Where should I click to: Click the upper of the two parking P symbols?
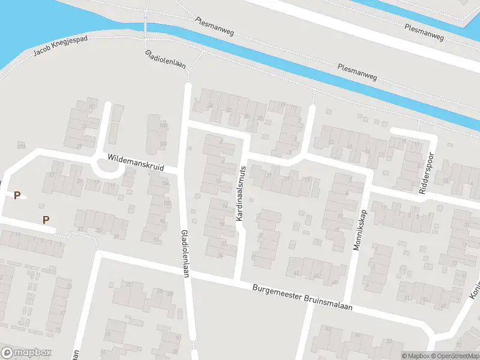pos(17,195)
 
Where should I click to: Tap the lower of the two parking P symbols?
pos(46,220)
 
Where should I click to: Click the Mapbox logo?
pos(26,353)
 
